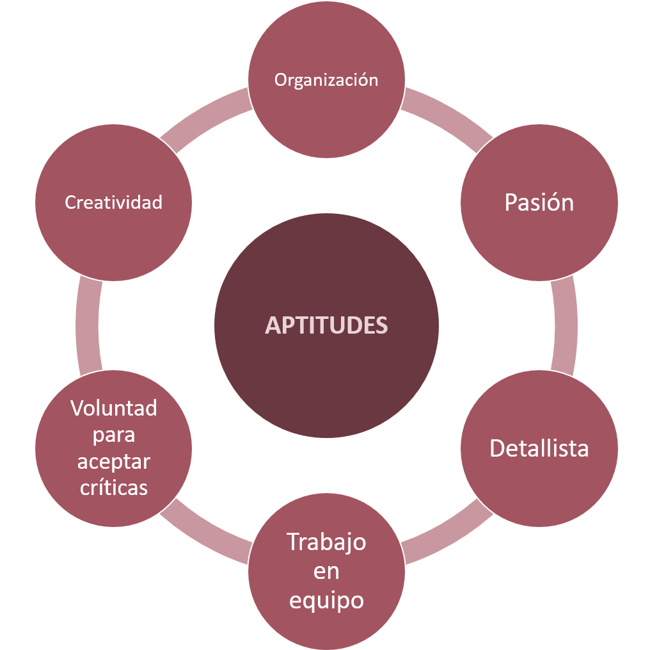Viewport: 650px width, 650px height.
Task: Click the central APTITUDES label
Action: [326, 325]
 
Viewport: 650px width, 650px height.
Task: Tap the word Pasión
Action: [539, 202]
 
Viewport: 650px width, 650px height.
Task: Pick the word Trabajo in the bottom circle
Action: [326, 542]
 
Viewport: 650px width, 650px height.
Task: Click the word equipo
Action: [326, 601]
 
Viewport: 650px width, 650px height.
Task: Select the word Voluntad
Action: [114, 408]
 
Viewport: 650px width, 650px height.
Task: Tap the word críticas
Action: [114, 487]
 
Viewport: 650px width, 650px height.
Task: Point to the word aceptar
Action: [114, 461]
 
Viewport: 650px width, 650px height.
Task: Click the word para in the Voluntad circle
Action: [114, 435]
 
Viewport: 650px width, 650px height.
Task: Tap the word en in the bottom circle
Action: [326, 572]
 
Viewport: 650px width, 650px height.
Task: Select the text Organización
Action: [326, 79]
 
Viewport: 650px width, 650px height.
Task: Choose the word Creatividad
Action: [114, 202]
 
